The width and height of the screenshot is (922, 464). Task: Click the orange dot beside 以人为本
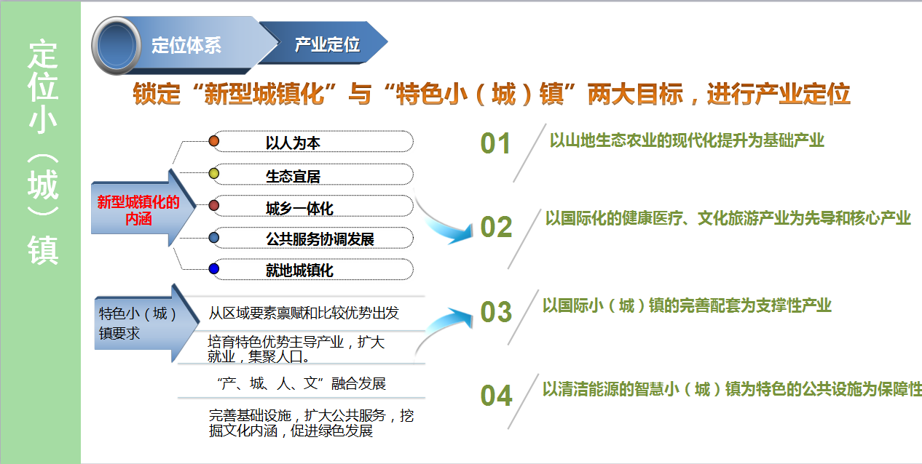[x=213, y=141]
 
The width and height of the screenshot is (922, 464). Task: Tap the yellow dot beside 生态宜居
[x=213, y=173]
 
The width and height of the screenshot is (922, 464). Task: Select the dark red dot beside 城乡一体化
[x=213, y=205]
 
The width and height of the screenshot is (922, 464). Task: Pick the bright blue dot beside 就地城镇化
[x=213, y=269]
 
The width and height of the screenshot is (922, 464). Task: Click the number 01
[x=495, y=143]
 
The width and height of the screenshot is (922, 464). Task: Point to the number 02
[x=496, y=227]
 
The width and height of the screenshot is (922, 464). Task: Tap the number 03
[x=496, y=312]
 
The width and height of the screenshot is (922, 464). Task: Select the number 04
[x=496, y=396]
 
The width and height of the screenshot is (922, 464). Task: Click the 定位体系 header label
[x=186, y=45]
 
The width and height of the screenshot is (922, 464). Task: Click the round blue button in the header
[x=117, y=46]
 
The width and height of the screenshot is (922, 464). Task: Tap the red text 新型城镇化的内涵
[x=138, y=210]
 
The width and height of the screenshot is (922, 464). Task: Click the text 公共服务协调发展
[x=320, y=239]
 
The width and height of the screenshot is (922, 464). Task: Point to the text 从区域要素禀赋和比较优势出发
[x=304, y=313]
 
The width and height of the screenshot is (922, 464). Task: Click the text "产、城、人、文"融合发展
[x=302, y=383]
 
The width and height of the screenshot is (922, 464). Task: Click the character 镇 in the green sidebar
[x=43, y=249]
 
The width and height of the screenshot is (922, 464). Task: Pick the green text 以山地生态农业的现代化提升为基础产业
[x=687, y=140]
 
